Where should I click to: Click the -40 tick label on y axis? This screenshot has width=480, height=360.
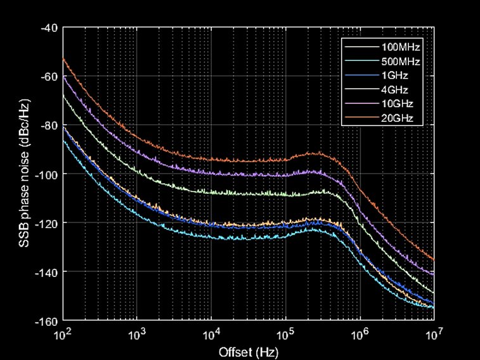[49, 28]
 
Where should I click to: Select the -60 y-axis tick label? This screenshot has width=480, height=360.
[49, 77]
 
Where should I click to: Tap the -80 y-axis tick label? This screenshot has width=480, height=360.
[49, 125]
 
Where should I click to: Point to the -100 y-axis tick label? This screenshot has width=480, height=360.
[48, 174]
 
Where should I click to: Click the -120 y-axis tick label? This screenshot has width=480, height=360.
[48, 223]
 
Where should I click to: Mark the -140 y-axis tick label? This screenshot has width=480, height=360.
[48, 272]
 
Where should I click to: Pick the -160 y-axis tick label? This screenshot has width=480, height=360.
[48, 321]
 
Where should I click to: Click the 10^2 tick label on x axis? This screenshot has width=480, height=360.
[62, 333]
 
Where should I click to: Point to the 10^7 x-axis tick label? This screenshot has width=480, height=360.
[434, 333]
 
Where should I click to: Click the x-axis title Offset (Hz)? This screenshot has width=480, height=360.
[248, 350]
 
